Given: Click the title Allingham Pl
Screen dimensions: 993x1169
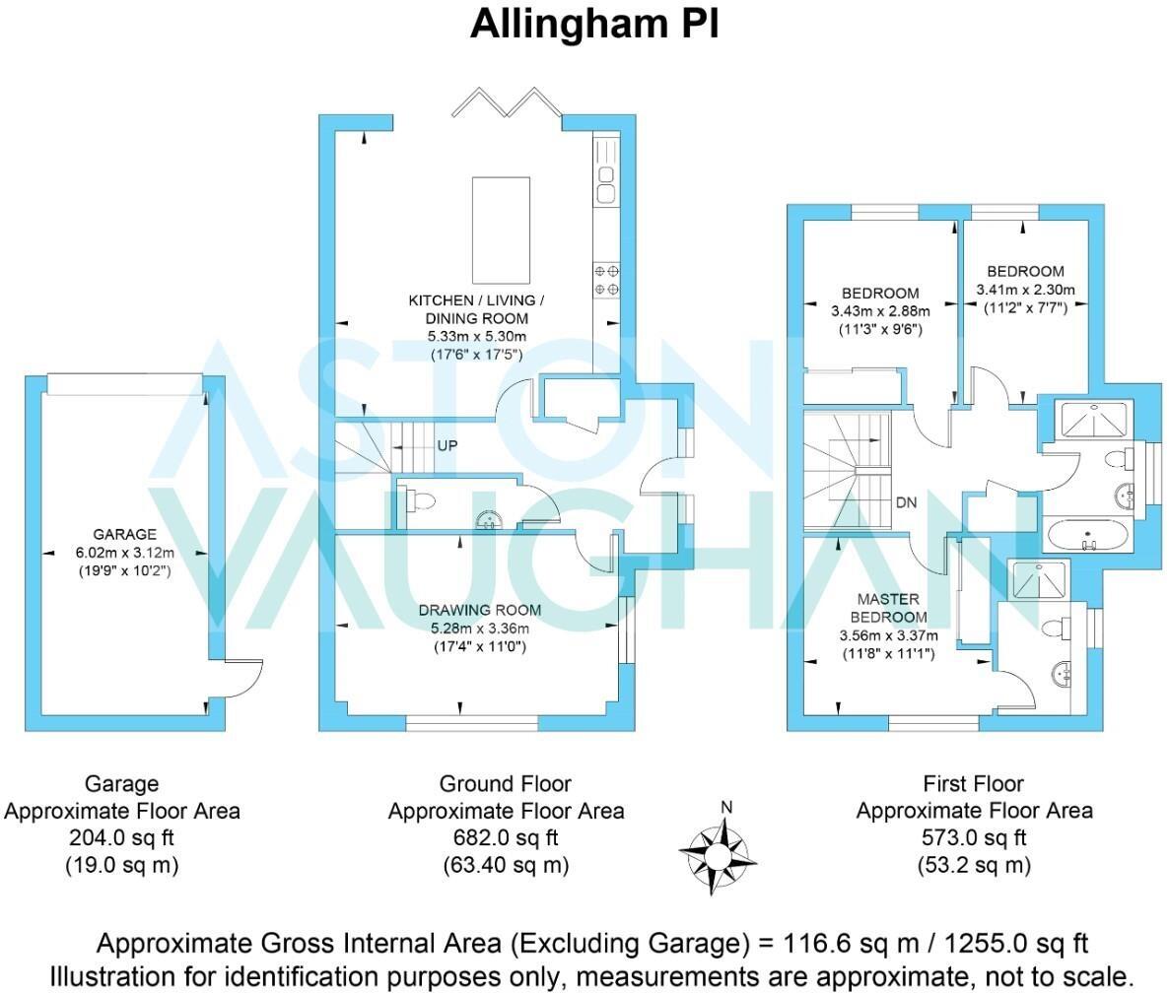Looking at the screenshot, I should click(594, 25).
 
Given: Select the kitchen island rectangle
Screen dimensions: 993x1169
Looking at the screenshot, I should click(501, 229).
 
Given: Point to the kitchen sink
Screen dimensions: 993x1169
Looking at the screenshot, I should click(606, 182).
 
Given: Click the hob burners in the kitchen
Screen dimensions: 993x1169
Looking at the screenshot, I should click(606, 279).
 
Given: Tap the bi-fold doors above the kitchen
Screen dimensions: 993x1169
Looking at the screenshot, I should click(508, 102).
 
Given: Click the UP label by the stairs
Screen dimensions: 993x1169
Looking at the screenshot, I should click(447, 445).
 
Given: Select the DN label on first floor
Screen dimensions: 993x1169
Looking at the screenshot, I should click(906, 502).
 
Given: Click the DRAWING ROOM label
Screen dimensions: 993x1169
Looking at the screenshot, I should click(480, 610).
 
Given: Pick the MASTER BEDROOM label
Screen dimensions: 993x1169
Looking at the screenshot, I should click(888, 608).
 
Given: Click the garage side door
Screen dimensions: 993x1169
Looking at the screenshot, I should click(240, 680).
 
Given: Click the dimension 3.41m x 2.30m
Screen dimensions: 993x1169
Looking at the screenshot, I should click(1025, 290).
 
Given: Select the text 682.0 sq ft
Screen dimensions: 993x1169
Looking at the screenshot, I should click(505, 838).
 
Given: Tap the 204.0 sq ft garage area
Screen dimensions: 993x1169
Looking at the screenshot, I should click(121, 838).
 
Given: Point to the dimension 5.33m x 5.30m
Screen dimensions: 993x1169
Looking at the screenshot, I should click(476, 336).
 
